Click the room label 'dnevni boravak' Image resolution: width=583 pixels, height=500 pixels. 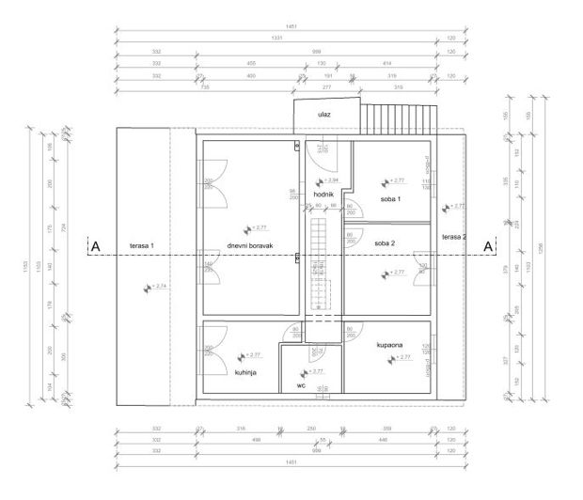(x=250, y=245)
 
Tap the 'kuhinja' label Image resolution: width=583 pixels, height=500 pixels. (x=246, y=372)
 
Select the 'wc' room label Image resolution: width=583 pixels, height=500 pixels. (x=301, y=384)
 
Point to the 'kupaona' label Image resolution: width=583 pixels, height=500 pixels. (x=390, y=344)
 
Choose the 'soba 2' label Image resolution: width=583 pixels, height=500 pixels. (x=385, y=243)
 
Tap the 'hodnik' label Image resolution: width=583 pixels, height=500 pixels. (x=324, y=195)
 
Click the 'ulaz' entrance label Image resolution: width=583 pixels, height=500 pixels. (x=324, y=114)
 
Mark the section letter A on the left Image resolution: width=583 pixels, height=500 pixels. (x=94, y=246)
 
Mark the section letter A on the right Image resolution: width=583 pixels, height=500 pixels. (x=487, y=246)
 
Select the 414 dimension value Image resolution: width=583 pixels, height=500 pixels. (x=386, y=62)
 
